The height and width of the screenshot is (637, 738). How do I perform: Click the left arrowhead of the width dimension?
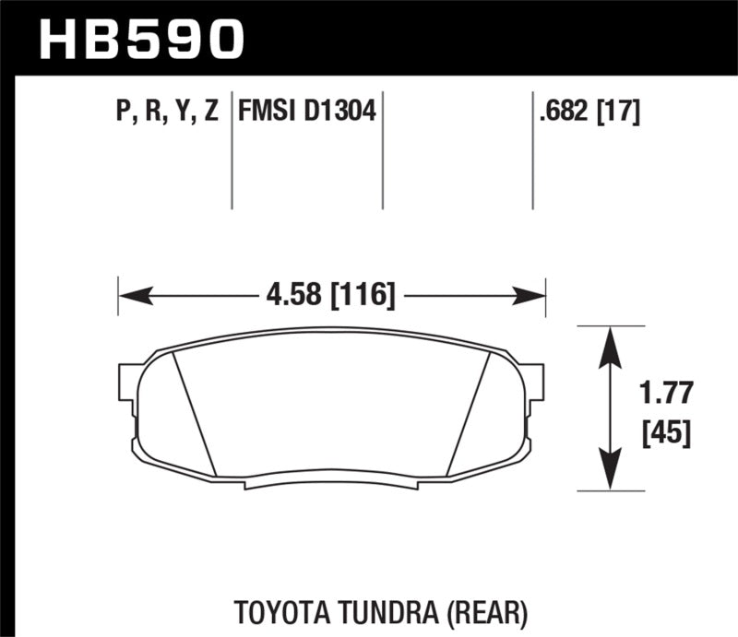pos(134,296)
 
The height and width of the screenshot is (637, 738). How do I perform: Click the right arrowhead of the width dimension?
pos(530,296)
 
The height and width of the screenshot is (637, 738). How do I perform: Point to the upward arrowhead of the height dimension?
pos(609,346)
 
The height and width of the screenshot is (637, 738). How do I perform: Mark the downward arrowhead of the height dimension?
pos(609,468)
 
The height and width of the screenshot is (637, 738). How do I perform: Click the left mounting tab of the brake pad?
pos(128,386)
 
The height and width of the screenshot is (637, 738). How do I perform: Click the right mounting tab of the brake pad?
pos(535,386)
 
